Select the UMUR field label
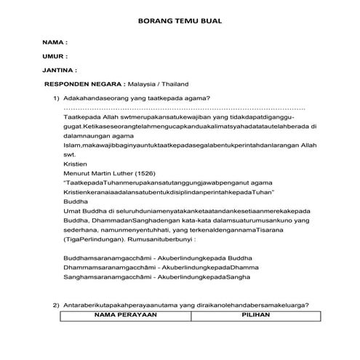pyautogui.click(x=55, y=56)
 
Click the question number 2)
pyautogui.click(x=55, y=305)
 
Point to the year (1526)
pyautogui.click(x=142, y=174)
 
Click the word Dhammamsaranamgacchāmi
pyautogui.click(x=103, y=268)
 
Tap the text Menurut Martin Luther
pyautogui.click(x=97, y=174)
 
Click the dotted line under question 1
pyautogui.click(x=182, y=107)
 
